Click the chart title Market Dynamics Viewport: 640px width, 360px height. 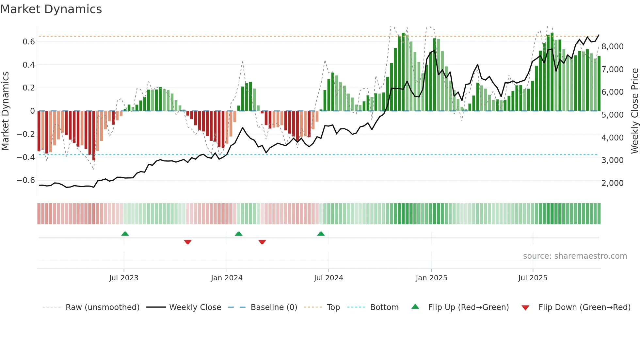click(x=51, y=9)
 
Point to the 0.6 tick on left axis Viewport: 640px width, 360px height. click(x=28, y=42)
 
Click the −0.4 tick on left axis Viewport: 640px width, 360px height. click(x=25, y=157)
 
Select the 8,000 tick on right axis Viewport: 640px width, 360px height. click(x=612, y=47)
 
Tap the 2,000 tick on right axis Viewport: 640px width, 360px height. click(x=612, y=183)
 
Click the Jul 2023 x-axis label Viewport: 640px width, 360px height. click(x=124, y=278)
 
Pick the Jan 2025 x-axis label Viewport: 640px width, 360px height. click(x=431, y=278)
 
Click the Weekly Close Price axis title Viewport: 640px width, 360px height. click(x=634, y=111)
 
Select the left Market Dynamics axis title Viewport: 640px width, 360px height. click(x=5, y=111)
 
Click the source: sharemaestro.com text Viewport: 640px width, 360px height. click(x=575, y=256)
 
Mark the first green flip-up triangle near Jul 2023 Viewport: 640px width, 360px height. click(x=125, y=234)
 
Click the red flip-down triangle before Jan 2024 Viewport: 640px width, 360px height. click(x=188, y=242)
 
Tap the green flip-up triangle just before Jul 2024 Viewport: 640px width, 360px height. click(x=321, y=234)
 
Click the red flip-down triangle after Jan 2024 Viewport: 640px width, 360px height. click(x=262, y=242)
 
